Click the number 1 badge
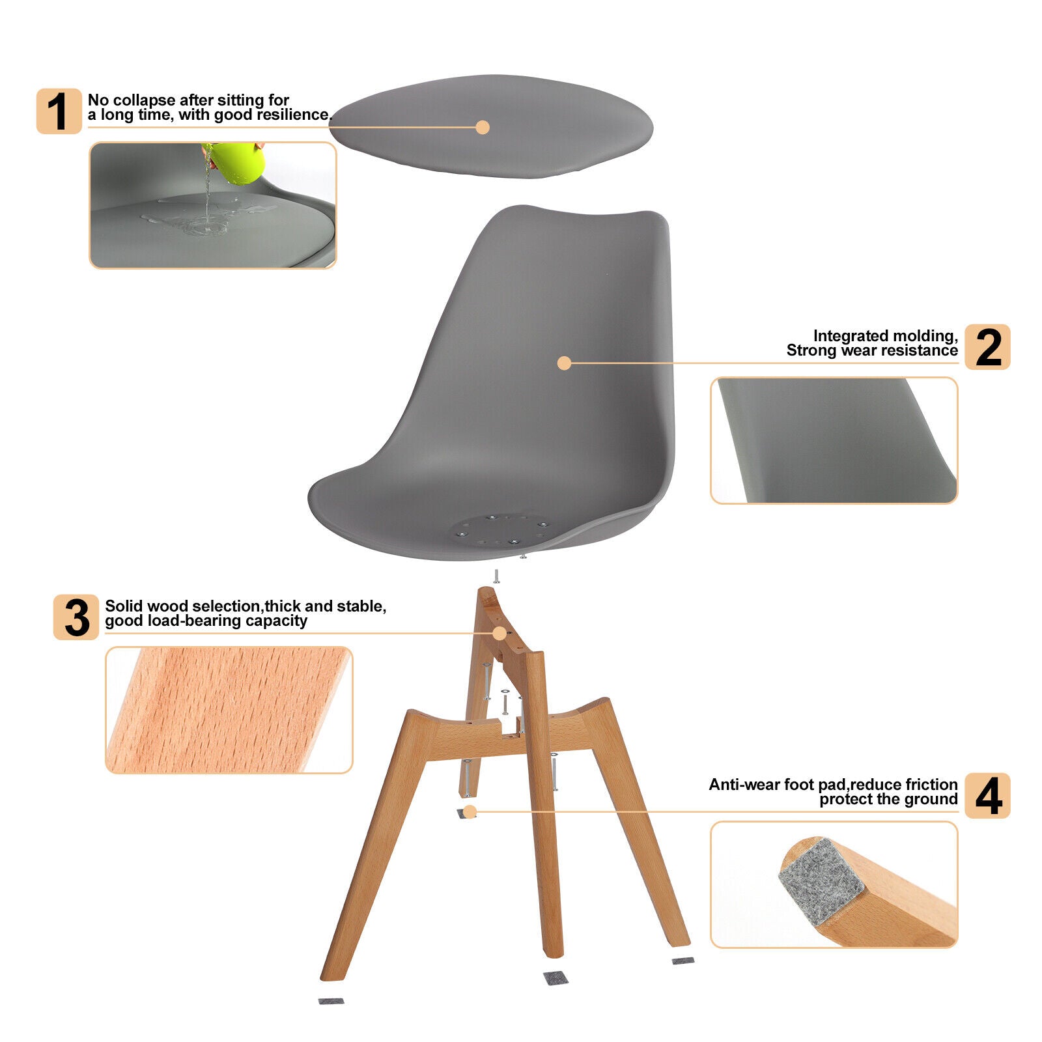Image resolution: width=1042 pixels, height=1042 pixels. [x=59, y=111]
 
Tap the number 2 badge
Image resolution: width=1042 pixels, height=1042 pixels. [x=987, y=347]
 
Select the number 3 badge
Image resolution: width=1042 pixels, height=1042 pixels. [x=76, y=617]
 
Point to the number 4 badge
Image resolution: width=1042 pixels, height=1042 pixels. [x=987, y=795]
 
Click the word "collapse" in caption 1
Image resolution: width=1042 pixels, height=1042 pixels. [x=144, y=100]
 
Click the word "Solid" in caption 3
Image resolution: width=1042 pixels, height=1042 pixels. [x=124, y=606]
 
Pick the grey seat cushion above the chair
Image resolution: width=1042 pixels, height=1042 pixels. [x=491, y=126]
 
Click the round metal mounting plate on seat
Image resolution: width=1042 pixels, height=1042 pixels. [x=500, y=529]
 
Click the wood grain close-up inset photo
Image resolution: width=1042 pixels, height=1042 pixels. [x=229, y=710]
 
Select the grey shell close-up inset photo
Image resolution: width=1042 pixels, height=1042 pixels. [x=834, y=440]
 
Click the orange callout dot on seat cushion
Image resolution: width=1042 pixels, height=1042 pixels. [x=483, y=127]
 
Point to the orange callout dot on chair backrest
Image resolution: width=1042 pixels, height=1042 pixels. [x=565, y=363]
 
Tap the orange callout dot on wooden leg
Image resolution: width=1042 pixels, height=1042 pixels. [x=500, y=633]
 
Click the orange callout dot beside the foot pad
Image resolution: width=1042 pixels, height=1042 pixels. [x=470, y=811]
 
